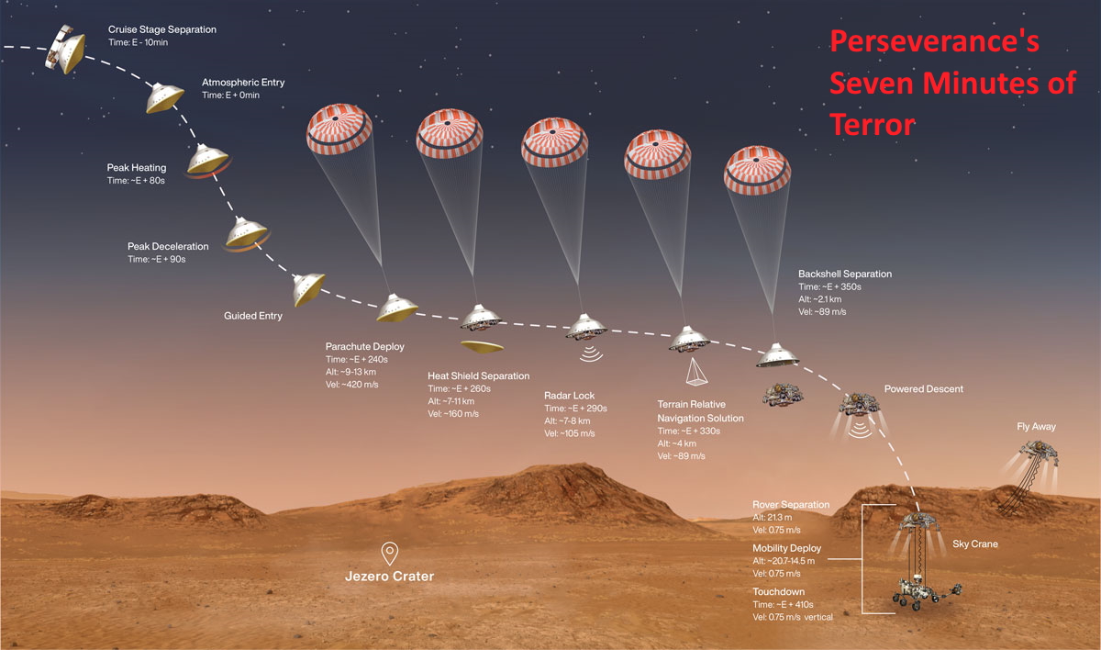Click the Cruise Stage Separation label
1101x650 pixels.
point(162,29)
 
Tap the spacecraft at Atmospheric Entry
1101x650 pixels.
point(165,96)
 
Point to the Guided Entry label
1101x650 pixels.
point(253,316)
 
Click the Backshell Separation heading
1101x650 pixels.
point(844,274)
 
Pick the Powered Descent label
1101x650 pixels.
point(923,389)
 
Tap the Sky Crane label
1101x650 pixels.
point(974,544)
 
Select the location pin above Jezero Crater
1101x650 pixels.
point(390,553)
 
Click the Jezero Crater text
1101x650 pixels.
point(389,577)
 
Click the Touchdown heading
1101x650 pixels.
point(779,591)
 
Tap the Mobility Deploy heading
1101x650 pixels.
point(786,548)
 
